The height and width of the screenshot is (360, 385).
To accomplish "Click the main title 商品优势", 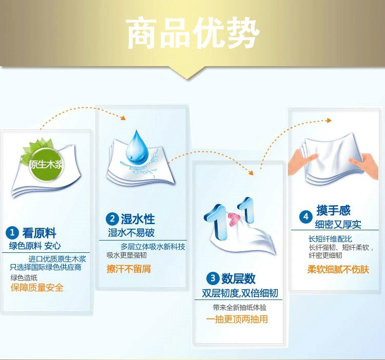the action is [x=192, y=33].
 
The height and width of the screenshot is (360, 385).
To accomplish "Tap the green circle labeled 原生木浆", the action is [x=46, y=164].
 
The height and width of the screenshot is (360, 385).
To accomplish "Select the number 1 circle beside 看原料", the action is [x=12, y=233].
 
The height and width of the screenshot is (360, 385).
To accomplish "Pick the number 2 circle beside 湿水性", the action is [x=112, y=218].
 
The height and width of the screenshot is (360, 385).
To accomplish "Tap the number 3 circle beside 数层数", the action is [x=213, y=278].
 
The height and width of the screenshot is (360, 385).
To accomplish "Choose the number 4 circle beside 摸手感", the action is [x=306, y=217].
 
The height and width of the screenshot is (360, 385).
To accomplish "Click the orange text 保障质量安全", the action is [x=37, y=287].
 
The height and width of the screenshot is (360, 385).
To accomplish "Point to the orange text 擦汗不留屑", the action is [x=129, y=269].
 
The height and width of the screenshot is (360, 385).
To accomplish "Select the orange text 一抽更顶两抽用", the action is [x=237, y=319].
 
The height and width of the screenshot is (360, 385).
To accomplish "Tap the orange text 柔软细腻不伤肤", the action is [x=338, y=270].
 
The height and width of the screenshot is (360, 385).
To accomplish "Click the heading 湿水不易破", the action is [x=131, y=232].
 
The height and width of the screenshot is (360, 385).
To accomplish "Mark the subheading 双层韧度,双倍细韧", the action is [x=240, y=293].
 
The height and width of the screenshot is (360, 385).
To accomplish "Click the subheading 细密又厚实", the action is [x=338, y=225].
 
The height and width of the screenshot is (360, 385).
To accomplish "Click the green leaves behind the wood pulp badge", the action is [x=37, y=150].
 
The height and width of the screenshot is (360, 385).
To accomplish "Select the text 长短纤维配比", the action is [x=330, y=239].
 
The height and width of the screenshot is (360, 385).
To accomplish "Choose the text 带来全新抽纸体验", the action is [x=240, y=308].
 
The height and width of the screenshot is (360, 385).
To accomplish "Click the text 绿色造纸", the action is [x=24, y=277].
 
